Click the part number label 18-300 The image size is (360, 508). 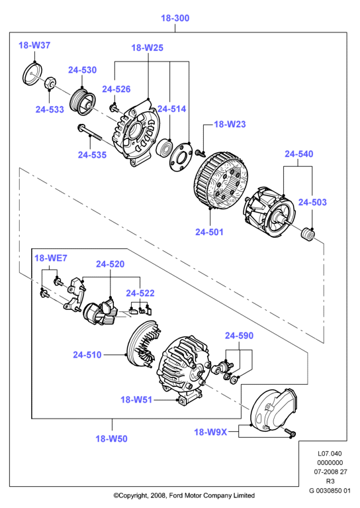(175, 18)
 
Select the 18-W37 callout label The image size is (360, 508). (34, 45)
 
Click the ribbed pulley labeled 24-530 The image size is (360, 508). (82, 103)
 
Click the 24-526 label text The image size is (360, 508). (116, 89)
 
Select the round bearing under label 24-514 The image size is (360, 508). (164, 148)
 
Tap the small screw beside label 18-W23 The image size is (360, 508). (201, 152)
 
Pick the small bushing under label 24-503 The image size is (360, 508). (308, 234)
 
